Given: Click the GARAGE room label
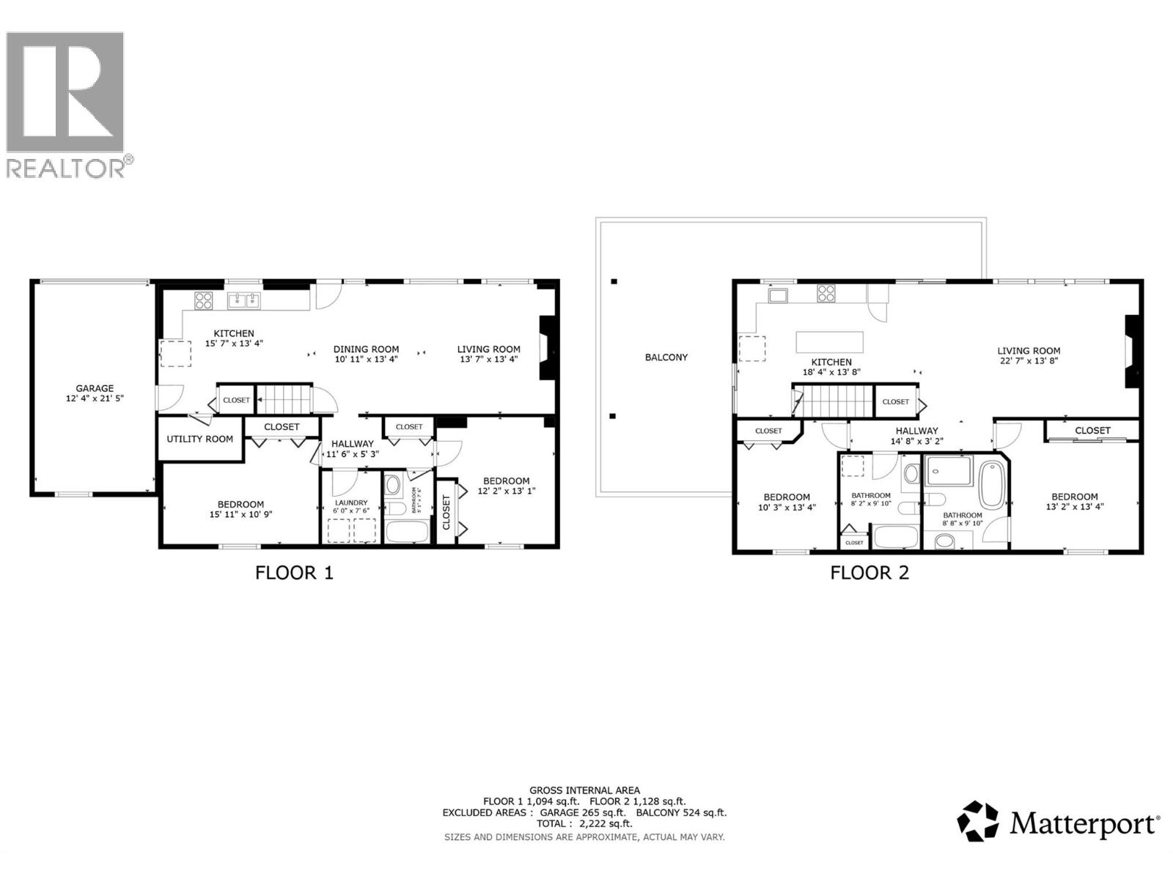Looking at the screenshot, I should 95,388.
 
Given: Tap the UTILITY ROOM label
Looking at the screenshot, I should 199,439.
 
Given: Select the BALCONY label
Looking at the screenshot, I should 666,357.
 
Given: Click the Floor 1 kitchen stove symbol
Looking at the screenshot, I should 203,300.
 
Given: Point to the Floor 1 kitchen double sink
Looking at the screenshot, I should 244,300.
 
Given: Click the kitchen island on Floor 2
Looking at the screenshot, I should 830,342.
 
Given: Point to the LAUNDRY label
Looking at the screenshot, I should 351,502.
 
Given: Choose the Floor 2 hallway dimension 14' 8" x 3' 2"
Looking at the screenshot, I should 916,442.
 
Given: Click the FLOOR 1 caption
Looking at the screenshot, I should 294,573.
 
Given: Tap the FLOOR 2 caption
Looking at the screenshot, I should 869,573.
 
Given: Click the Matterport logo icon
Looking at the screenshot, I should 978,821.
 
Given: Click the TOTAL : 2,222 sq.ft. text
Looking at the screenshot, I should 584,823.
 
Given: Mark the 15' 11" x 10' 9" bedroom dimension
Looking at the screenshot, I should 240,514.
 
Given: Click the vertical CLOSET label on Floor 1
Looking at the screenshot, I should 446,512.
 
